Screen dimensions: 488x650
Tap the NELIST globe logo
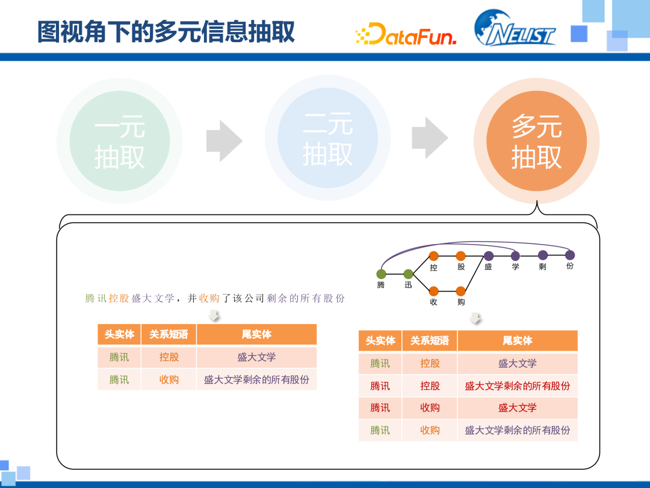pos(515,28)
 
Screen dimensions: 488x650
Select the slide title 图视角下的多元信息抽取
pos(166,32)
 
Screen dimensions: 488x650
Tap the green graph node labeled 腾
pos(381,274)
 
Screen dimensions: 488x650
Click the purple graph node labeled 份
pos(570,255)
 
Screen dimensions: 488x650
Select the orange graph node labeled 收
pos(433,291)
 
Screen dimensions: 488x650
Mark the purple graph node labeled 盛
pos(488,256)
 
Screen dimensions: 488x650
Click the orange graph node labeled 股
pos(461,256)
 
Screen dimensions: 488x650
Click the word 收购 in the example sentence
pos(209,298)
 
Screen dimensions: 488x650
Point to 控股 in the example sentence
pos(119,298)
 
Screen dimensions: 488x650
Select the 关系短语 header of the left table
pos(169,334)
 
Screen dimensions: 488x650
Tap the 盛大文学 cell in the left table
pos(256,357)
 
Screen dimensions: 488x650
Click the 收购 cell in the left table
pos(169,380)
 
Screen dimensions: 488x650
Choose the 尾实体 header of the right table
pos(517,340)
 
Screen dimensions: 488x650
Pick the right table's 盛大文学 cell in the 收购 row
pos(517,408)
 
